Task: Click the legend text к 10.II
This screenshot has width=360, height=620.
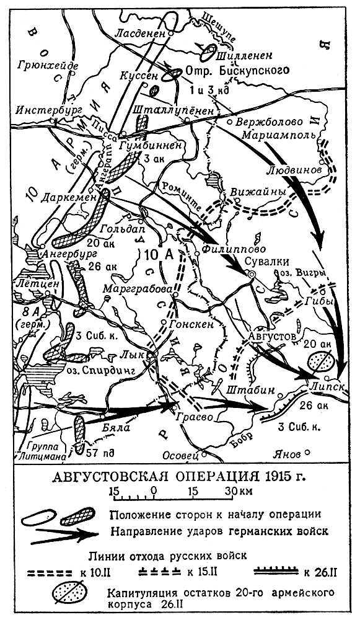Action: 102,569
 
